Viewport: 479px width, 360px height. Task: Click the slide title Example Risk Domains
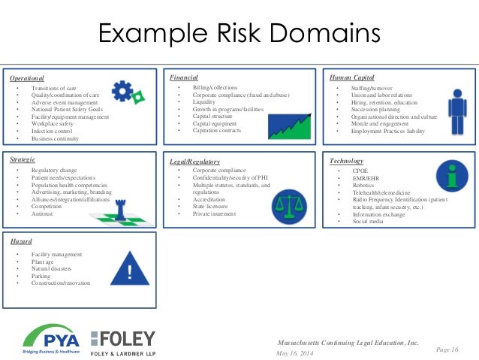239,35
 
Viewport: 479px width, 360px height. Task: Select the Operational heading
27,78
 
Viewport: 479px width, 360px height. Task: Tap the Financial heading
183,77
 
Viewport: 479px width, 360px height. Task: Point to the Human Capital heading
351,77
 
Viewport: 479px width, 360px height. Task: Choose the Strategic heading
23,160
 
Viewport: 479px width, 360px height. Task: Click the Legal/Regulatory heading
194,162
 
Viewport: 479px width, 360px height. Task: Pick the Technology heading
346,161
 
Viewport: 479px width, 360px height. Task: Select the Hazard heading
20,242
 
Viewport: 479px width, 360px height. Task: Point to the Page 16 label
447,349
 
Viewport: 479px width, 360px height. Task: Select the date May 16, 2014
297,353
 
